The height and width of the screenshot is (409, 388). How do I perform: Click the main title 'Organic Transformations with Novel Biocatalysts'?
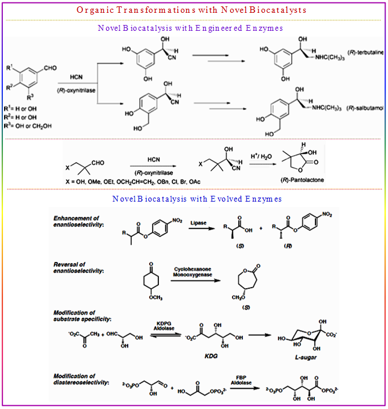pos(194,10)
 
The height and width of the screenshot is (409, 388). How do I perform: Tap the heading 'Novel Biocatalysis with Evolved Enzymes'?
pos(198,199)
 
